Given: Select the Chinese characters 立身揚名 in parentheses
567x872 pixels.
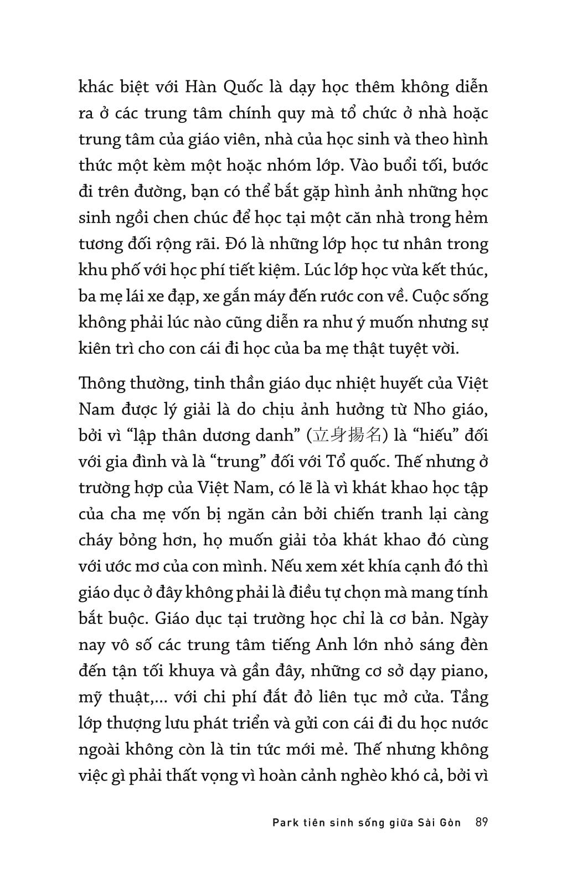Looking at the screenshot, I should [x=348, y=435].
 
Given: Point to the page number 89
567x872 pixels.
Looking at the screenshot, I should [x=481, y=822].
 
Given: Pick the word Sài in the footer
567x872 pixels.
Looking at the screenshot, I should [x=424, y=823].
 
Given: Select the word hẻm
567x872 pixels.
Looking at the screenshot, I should [x=472, y=218].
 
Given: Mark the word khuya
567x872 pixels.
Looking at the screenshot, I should [x=191, y=671].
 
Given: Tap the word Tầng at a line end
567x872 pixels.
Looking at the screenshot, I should [x=470, y=697].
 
